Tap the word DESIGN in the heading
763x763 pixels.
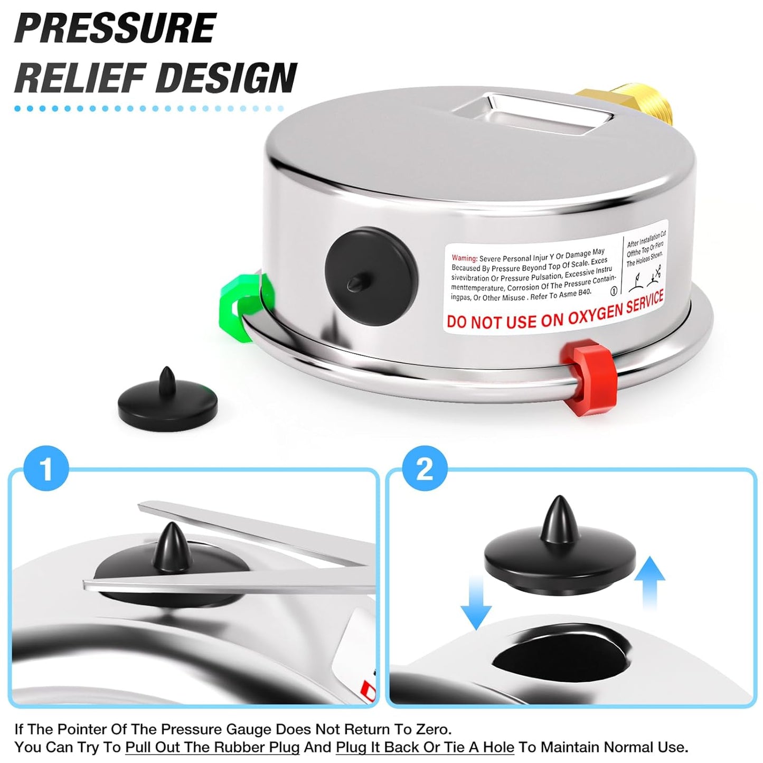pos(227,78)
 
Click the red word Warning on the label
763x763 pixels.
pos(464,258)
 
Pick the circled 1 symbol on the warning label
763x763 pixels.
pos(614,290)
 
